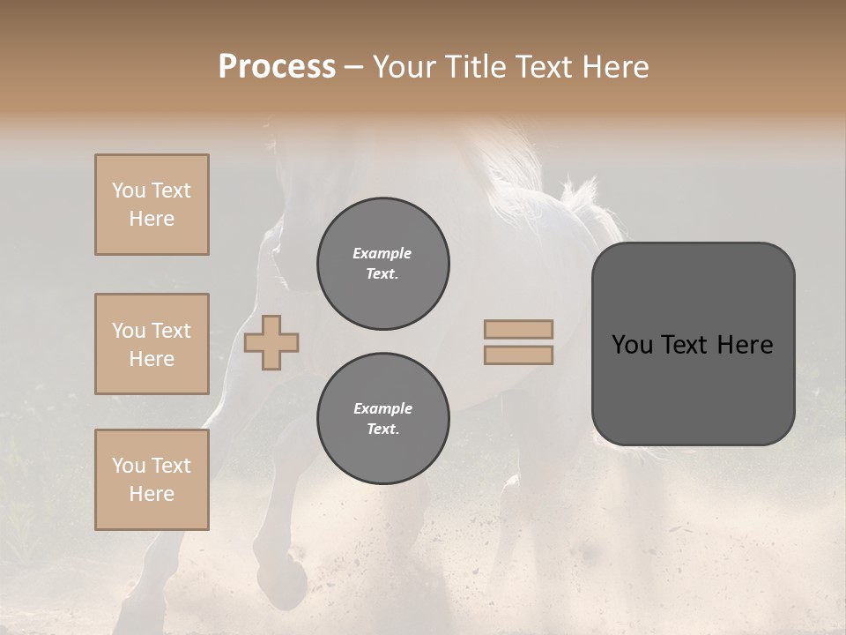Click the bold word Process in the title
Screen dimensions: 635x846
[277, 66]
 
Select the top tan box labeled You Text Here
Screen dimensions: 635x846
[152, 205]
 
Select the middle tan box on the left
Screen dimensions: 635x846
[152, 344]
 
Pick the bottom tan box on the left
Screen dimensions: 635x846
[152, 479]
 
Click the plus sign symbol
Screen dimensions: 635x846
[271, 342]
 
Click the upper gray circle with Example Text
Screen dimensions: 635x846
[382, 264]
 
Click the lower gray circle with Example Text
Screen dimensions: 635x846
[382, 418]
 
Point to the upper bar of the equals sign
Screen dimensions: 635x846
[518, 329]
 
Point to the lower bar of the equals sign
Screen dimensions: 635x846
[518, 355]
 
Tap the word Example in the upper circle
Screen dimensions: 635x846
[382, 253]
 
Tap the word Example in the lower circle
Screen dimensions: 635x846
[382, 408]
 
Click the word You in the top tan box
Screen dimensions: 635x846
[128, 190]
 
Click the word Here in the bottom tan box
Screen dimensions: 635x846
[152, 494]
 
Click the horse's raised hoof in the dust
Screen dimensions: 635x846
[290, 578]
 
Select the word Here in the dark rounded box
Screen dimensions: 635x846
[745, 345]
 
